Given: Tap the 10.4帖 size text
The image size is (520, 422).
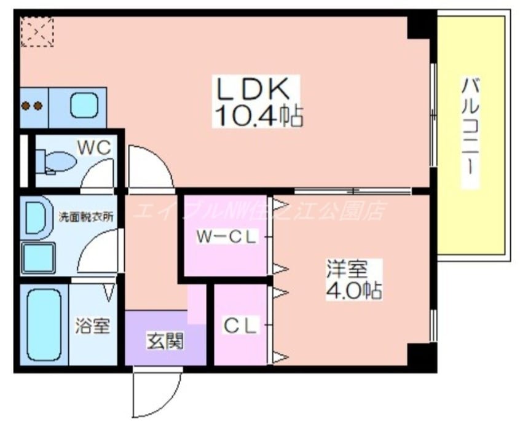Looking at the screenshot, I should click(258, 114).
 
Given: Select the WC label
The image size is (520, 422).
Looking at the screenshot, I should click(93, 147).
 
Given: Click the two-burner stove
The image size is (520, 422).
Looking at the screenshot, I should click(33, 106).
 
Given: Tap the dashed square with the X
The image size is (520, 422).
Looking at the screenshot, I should click(36, 31).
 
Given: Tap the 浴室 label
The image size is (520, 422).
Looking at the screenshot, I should click(93, 325).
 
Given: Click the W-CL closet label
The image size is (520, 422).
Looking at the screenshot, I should click(226, 236).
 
